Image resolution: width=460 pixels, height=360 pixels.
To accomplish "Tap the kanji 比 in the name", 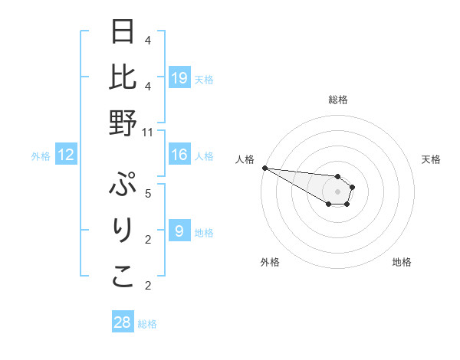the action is [123, 78].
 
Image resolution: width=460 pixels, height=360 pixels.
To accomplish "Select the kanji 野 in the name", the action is [123, 123].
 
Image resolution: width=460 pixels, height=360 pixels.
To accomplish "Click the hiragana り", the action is [123, 231].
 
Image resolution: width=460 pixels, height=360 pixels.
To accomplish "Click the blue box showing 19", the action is [179, 77].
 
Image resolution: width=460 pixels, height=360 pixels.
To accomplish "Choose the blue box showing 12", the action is [66, 155].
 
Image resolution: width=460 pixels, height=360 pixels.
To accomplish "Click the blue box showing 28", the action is [123, 322].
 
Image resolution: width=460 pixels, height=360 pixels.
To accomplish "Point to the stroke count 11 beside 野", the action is [148, 133].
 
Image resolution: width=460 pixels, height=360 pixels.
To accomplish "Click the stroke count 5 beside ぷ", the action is [148, 192].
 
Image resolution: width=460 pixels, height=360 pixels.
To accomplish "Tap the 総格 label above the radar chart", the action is [337, 100].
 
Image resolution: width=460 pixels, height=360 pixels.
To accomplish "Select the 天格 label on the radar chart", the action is [431, 159].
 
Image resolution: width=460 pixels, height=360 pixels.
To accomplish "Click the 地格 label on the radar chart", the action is [402, 262].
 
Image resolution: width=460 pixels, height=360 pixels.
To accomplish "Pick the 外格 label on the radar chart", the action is [270, 262].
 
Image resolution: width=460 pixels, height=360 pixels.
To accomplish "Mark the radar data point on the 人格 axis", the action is [264, 168].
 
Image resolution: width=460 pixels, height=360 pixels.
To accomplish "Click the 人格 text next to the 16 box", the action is [204, 156].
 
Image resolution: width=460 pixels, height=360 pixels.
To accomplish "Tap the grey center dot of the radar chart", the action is [337, 191].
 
